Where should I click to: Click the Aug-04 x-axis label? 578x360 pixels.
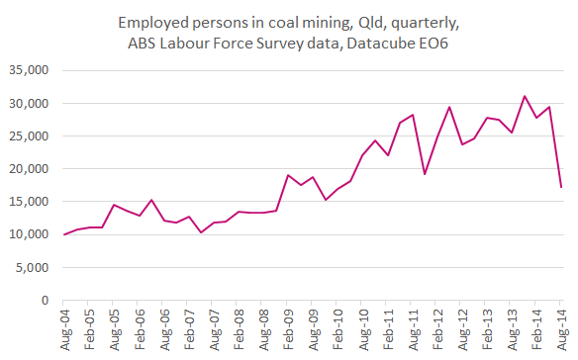pyautogui.click(x=63, y=327)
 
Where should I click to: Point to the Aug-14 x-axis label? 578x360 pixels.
pyautogui.click(x=561, y=327)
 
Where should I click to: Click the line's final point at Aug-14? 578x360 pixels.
pyautogui.click(x=561, y=187)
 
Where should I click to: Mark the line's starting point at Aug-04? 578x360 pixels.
pyautogui.click(x=63, y=234)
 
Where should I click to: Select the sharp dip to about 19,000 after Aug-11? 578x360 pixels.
pyautogui.click(x=425, y=174)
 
